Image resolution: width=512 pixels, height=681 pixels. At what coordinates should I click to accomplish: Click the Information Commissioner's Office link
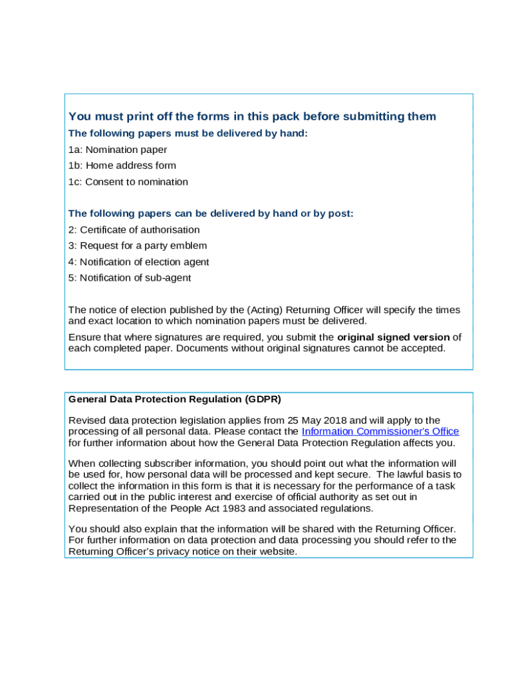pyautogui.click(x=380, y=432)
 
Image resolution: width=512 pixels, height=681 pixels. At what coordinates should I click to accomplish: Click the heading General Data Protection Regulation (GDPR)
pyautogui.click(x=175, y=400)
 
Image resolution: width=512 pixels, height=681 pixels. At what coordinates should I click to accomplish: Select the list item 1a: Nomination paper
pyautogui.click(x=118, y=150)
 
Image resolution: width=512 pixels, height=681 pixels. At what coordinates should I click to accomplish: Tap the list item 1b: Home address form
pyautogui.click(x=122, y=166)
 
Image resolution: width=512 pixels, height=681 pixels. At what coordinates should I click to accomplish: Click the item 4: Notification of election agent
pyautogui.click(x=139, y=262)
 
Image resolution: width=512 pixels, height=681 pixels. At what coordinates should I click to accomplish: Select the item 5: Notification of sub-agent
pyautogui.click(x=130, y=278)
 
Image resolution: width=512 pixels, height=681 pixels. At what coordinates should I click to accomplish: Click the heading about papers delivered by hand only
pyautogui.click(x=188, y=133)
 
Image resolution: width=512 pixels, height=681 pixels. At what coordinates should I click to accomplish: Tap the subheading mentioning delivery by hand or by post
pyautogui.click(x=211, y=213)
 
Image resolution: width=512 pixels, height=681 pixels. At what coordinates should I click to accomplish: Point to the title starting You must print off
pyautogui.click(x=252, y=117)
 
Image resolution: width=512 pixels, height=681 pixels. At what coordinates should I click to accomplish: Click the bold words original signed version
pyautogui.click(x=394, y=337)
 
